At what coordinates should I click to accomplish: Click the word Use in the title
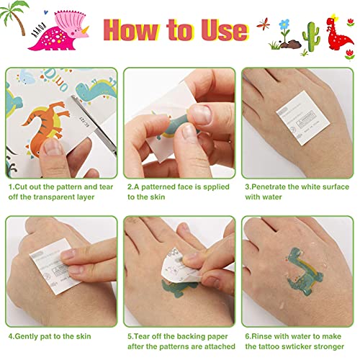tap(225, 30)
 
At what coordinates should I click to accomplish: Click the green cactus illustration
tap(311, 37)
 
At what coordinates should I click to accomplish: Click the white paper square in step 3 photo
tap(303, 117)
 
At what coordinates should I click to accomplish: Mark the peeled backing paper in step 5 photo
tap(180, 266)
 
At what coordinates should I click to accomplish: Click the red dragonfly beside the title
tap(264, 24)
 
